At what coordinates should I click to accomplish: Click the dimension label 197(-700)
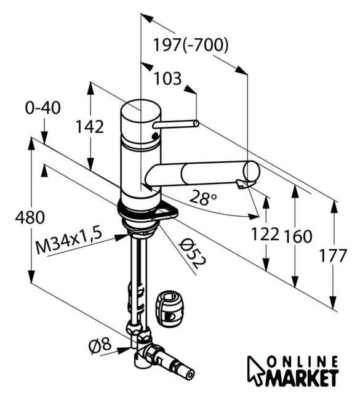point(191,45)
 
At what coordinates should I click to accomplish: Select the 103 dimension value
point(167,78)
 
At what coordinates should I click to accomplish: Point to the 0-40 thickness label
point(42,108)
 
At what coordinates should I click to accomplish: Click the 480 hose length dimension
point(30,217)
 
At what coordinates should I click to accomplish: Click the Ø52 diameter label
point(192,253)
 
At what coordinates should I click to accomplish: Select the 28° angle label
point(202,197)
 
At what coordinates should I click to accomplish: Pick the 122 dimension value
point(265,234)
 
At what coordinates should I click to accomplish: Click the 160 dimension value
point(298,236)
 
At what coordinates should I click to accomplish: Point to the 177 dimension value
point(333,255)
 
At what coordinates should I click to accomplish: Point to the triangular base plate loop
point(166,211)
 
